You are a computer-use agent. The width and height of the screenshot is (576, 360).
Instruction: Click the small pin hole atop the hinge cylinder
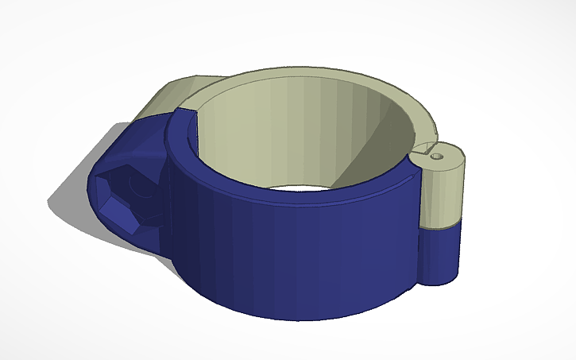(435, 157)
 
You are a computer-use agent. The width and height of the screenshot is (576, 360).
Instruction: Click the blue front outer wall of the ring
(302, 254)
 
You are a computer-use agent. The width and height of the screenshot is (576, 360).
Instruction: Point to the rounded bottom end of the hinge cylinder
(442, 279)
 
